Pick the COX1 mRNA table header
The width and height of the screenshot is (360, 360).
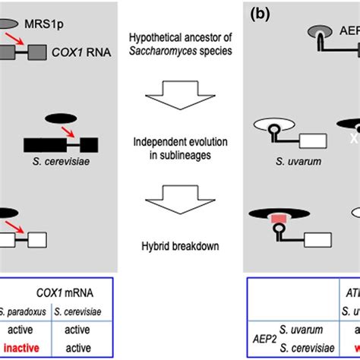click(70, 291)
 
